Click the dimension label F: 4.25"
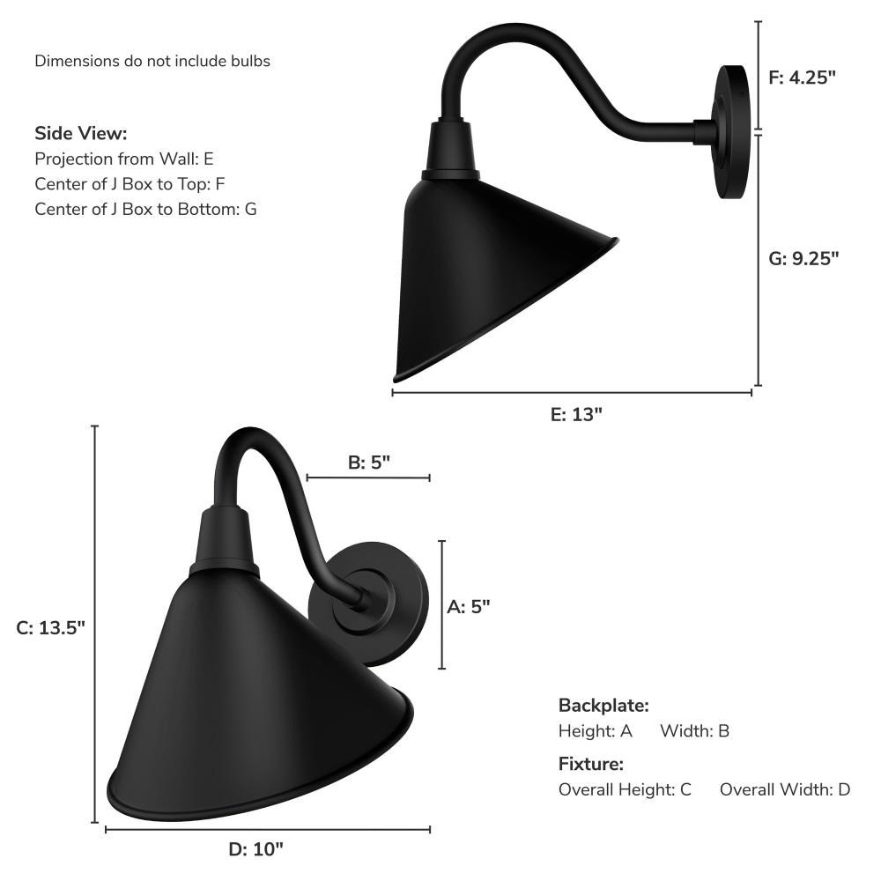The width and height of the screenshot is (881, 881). point(802,78)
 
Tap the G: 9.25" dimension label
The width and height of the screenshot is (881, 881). point(803,258)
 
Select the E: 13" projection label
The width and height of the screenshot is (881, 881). point(576,415)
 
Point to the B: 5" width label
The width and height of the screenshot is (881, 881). point(368,463)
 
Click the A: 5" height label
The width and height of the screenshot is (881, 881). point(469,607)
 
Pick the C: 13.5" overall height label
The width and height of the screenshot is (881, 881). point(50,627)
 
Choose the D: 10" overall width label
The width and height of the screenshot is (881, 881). point(256,849)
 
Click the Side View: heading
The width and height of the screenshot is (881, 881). point(81,134)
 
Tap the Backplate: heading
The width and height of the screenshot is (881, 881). point(604,706)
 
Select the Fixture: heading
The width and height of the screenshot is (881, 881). point(591,764)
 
